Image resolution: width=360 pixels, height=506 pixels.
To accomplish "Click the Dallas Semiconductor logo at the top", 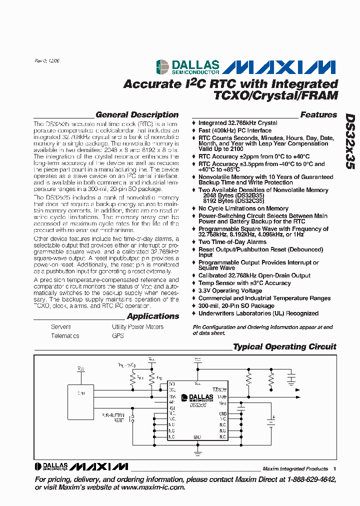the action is coord(187,67).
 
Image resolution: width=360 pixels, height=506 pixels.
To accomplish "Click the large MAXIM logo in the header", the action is coord(278,67).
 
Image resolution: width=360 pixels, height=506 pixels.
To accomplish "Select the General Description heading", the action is coord(136,115).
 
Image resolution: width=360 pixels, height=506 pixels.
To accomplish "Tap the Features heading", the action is coord(318,115).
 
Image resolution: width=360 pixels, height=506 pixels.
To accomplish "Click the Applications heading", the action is coord(152,316).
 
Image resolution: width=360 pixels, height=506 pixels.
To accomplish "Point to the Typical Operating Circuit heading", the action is coord(284,347).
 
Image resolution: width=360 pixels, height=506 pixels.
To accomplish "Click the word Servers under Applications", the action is coord(61,327).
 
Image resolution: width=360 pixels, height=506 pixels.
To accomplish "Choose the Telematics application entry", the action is coord(65,336).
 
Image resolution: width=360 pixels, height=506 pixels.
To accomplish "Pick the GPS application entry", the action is coord(118,336).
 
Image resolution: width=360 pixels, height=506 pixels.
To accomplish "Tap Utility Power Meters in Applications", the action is coord(137,327).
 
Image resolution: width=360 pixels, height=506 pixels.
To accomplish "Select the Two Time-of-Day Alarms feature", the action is coord(232,242).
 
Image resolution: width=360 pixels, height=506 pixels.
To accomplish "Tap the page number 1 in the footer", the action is coord(334,469).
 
